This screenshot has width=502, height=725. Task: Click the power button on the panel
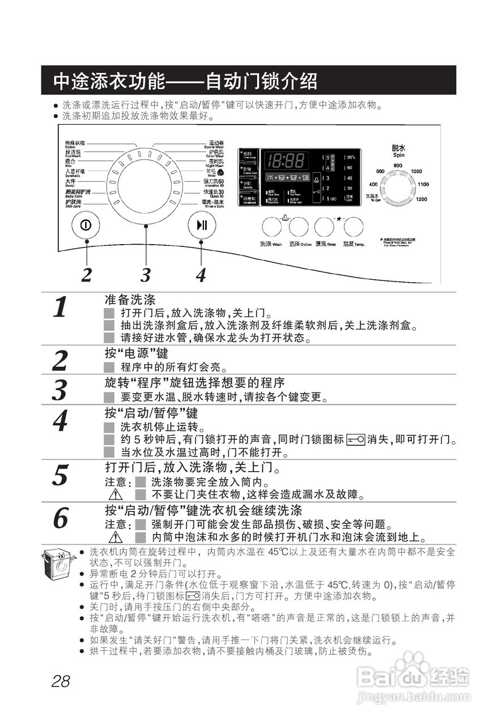86,224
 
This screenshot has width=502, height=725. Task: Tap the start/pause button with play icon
202,224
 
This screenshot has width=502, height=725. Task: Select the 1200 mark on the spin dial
421,199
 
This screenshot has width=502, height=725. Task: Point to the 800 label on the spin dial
398,165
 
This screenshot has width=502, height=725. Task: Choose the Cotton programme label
75,144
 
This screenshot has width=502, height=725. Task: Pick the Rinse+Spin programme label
213,203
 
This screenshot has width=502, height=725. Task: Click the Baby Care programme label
78,193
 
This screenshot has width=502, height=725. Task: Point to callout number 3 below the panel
146,275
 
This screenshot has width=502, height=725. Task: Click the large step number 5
61,475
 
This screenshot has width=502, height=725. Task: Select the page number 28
61,681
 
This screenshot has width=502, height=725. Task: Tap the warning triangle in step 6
116,536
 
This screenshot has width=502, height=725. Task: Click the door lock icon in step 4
355,440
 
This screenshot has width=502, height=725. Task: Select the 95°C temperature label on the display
351,157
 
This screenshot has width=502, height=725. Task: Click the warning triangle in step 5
116,494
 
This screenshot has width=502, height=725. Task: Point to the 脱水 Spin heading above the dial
398,150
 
